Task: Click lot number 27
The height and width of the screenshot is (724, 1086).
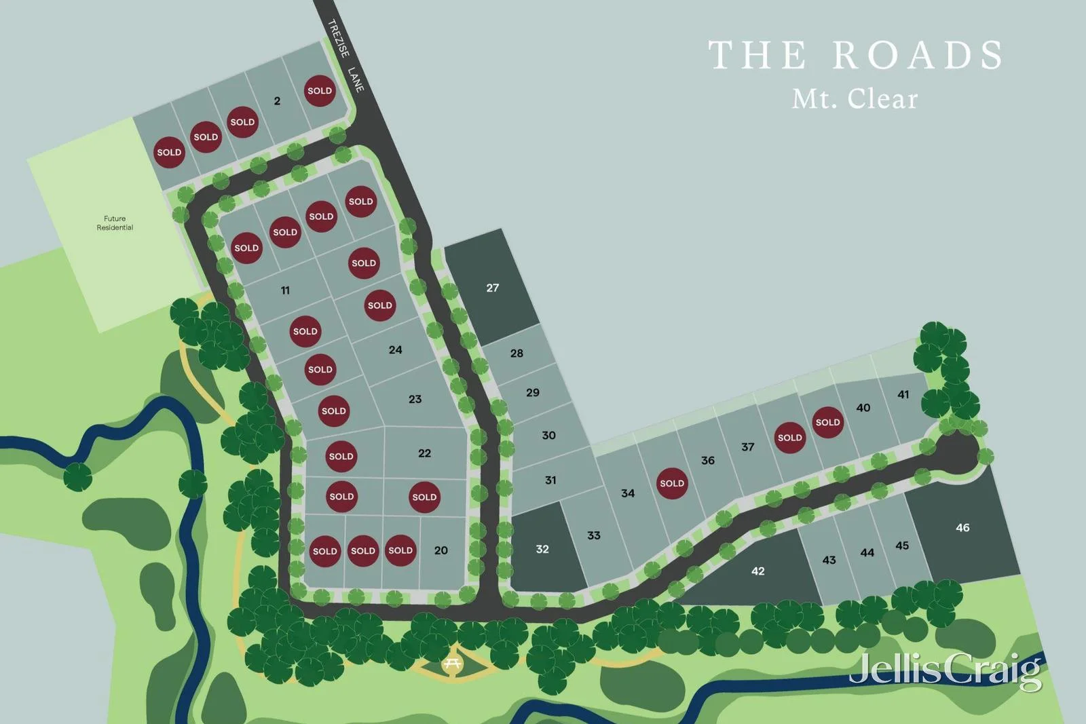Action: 493,288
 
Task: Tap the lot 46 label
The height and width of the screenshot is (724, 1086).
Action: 962,527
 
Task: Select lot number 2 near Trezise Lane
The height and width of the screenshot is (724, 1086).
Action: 277,101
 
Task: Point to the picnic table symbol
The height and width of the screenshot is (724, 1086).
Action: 452,664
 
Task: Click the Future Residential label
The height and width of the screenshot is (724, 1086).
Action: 115,223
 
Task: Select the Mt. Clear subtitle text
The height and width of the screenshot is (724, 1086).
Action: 855,99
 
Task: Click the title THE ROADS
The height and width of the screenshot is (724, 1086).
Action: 856,55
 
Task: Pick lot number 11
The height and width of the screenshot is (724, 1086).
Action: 285,290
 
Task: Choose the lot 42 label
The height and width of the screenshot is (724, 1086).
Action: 758,571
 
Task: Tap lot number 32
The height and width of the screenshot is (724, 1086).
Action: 542,549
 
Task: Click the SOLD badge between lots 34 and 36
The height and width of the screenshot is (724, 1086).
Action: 672,483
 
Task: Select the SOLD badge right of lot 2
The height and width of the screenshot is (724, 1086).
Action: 320,91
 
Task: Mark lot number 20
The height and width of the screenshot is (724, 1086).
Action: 441,550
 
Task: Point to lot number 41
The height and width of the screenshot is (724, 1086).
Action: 903,394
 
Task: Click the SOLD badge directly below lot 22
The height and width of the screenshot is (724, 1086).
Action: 424,497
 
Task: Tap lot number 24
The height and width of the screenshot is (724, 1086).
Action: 396,350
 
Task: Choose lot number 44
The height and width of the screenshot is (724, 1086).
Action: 867,552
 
